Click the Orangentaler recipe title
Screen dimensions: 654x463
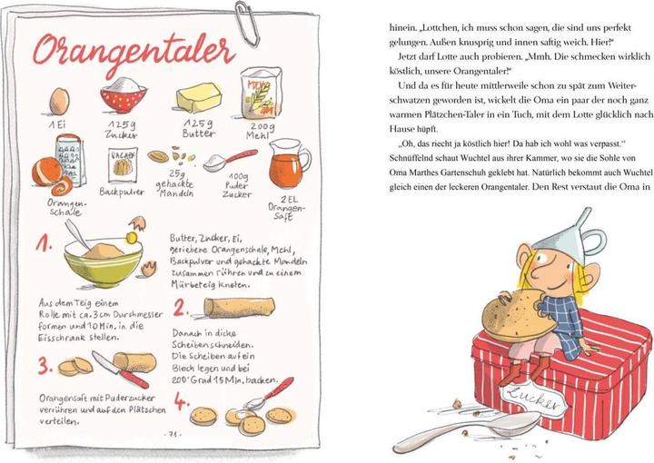134,52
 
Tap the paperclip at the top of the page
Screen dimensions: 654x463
247,23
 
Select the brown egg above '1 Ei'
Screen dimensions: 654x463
59,102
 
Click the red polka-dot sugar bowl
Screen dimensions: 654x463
124,95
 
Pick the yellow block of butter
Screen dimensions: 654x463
199,97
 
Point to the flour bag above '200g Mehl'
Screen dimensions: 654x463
261,93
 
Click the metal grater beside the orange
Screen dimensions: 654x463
71,159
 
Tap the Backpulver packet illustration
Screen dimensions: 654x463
123,165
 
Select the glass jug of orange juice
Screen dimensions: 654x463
289,163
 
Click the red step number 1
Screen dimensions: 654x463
44,243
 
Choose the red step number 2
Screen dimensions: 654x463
181,309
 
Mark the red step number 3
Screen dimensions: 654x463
45,366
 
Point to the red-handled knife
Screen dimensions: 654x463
120,369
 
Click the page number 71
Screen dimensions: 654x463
173,434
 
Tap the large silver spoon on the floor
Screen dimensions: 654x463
467,430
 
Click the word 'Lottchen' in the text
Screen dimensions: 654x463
436,28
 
